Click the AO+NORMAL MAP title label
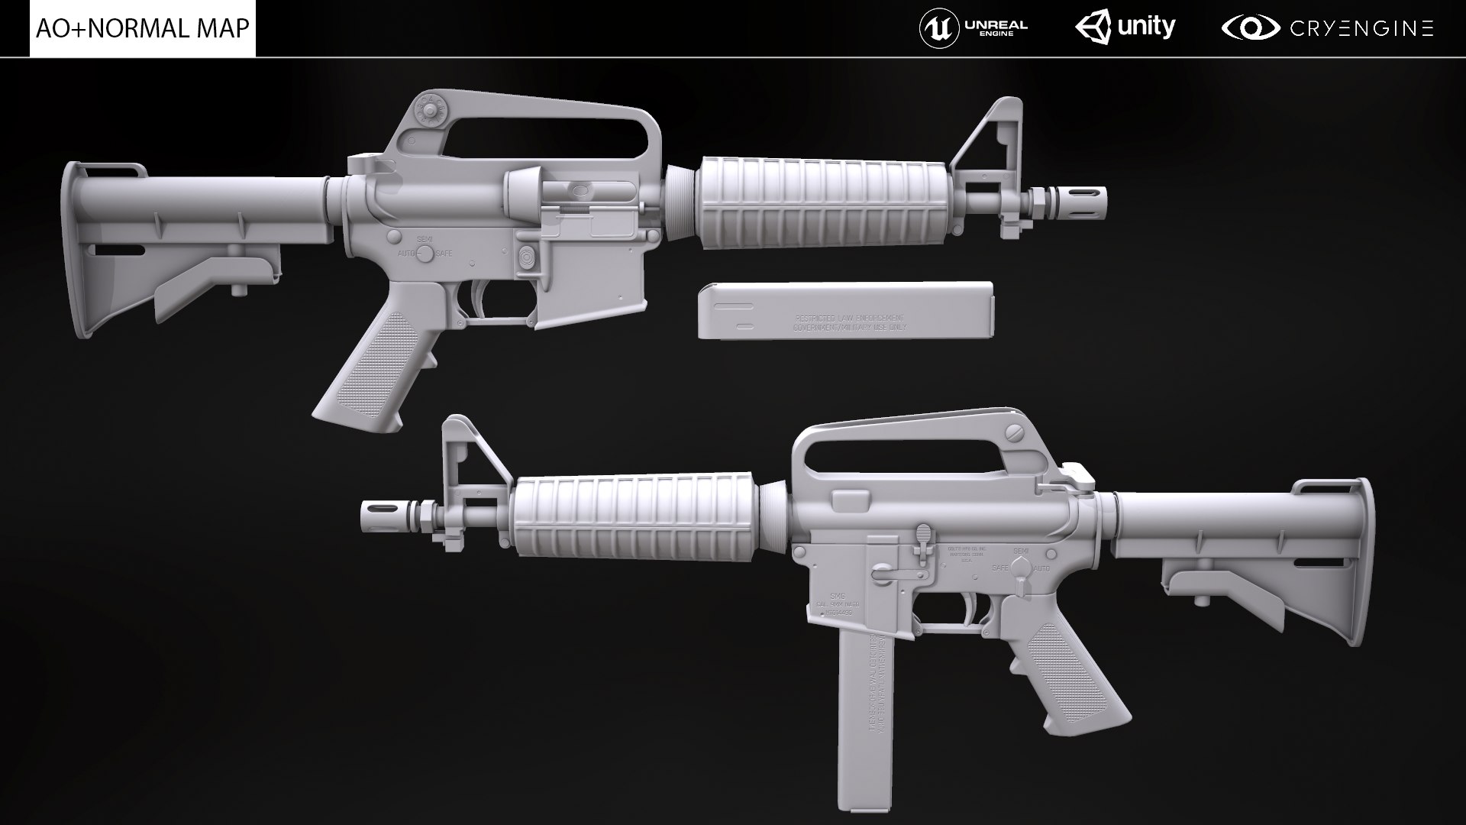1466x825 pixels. click(143, 28)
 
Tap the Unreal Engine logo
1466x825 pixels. click(974, 28)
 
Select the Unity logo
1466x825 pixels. click(1125, 28)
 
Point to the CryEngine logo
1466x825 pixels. click(1328, 28)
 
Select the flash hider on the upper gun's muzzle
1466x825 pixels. click(1077, 200)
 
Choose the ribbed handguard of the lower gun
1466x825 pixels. click(634, 516)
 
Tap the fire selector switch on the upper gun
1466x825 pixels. click(425, 252)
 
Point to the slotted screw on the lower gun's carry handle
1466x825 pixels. click(1014, 432)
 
